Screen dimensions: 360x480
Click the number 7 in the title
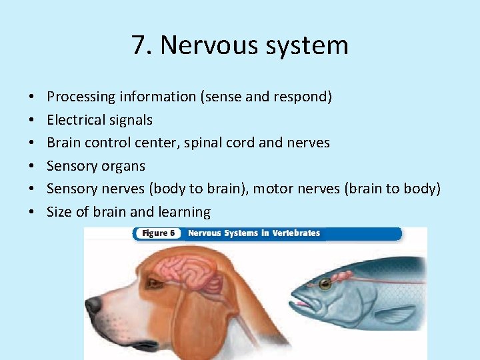[139, 45]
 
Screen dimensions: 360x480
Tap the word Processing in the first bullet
[81, 97]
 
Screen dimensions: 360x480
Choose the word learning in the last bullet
[185, 212]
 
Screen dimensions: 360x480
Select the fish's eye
[325, 284]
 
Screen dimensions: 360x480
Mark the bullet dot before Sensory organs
[33, 166]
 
